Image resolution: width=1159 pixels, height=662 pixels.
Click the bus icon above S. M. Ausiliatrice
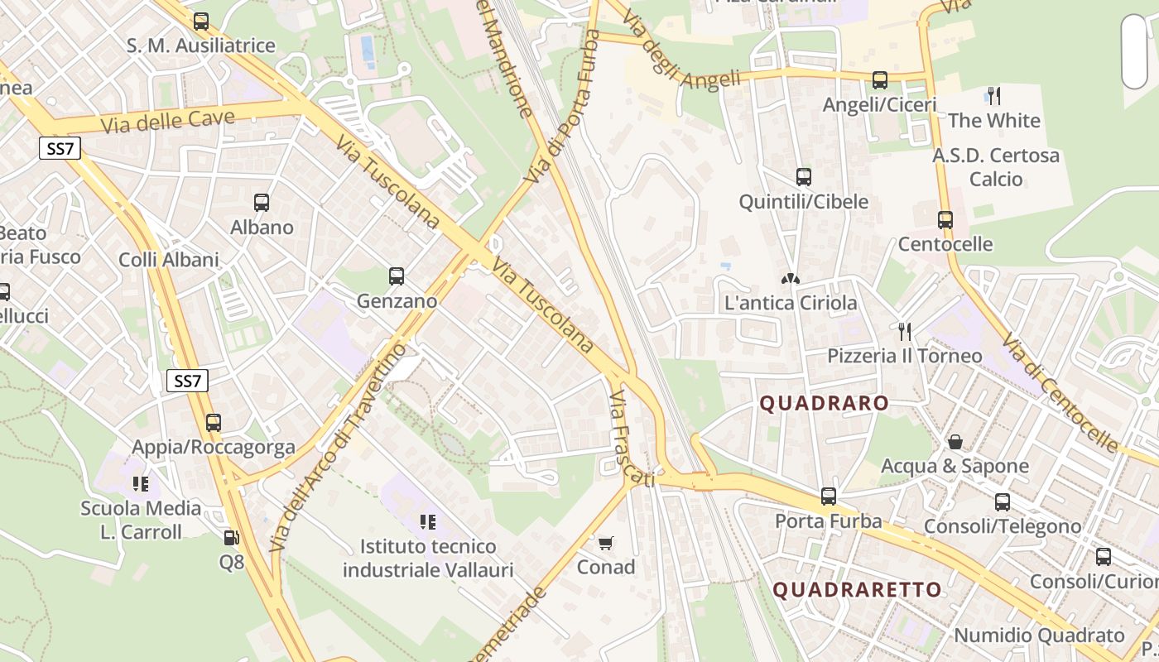tap(201, 22)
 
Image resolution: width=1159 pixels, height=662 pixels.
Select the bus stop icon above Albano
tap(262, 202)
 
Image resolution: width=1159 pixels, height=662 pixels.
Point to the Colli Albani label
tap(169, 260)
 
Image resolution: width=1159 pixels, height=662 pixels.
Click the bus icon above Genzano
tap(397, 276)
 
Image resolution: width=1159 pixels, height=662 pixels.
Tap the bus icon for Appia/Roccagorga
tap(214, 423)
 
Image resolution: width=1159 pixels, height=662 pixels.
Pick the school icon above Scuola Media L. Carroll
tap(141, 483)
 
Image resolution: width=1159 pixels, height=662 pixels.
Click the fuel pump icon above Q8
tap(232, 538)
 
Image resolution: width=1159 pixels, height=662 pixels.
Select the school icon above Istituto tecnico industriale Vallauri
tap(428, 521)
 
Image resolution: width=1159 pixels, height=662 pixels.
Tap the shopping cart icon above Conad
tap(606, 543)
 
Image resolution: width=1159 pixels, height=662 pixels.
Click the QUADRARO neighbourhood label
tap(825, 404)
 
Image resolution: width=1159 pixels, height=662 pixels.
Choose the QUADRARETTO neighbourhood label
tap(857, 590)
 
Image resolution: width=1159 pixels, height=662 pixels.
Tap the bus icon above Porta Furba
tap(829, 496)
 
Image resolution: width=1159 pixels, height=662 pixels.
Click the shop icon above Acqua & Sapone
tap(955, 442)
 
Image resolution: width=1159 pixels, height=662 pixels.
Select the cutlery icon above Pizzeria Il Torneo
tap(905, 332)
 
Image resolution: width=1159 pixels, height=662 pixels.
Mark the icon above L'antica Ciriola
tap(791, 279)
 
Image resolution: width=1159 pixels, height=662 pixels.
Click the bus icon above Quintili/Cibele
tap(804, 177)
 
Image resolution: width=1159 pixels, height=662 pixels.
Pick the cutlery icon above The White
tap(994, 96)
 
